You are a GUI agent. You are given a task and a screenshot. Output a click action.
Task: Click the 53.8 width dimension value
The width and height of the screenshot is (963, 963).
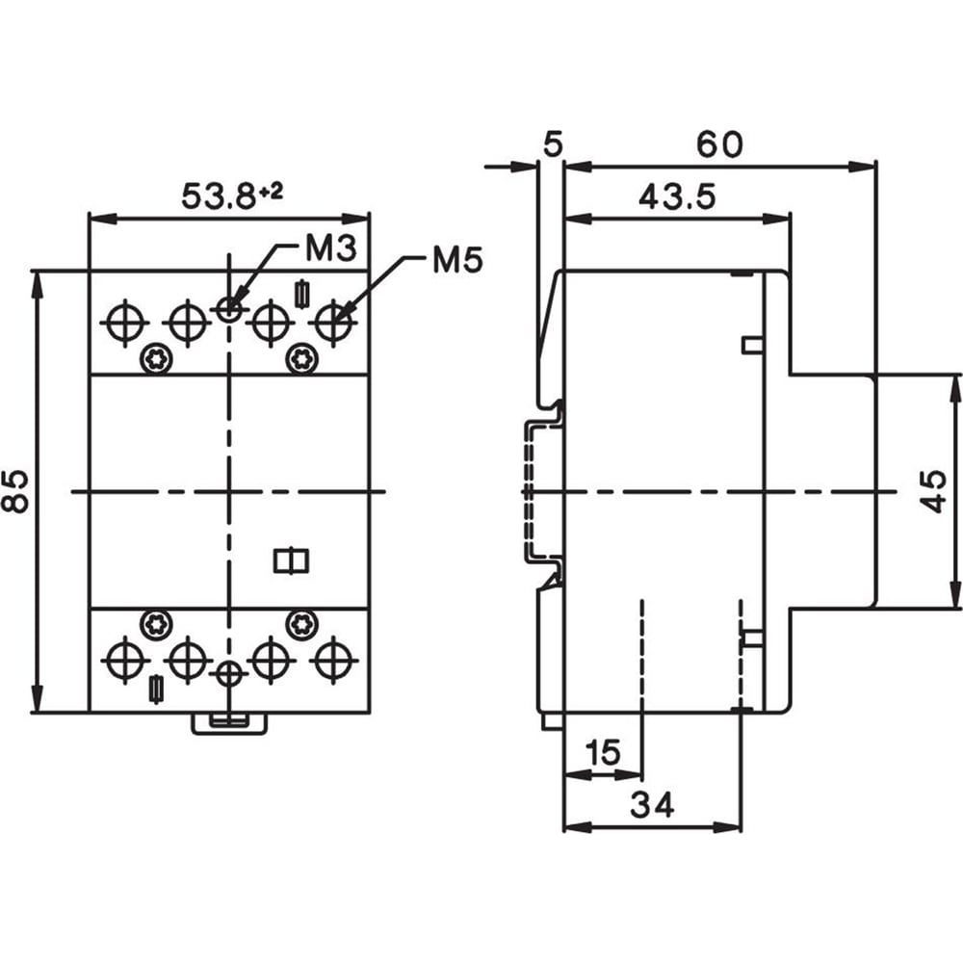click(218, 196)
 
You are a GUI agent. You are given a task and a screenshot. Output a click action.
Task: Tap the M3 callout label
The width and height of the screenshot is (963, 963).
click(331, 248)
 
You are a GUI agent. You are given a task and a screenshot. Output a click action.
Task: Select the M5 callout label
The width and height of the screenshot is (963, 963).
click(457, 260)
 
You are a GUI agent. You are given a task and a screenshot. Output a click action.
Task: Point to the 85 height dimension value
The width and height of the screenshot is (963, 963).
click(15, 491)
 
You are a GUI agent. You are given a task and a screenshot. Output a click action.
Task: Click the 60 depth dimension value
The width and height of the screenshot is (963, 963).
click(719, 144)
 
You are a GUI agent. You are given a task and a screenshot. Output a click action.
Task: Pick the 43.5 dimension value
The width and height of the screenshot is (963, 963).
click(677, 196)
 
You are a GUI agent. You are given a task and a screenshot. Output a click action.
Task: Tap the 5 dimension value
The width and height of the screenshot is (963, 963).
click(553, 144)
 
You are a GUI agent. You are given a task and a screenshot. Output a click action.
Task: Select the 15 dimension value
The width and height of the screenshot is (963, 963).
click(603, 752)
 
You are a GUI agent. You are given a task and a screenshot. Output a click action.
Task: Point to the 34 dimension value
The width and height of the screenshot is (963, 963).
click(652, 804)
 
